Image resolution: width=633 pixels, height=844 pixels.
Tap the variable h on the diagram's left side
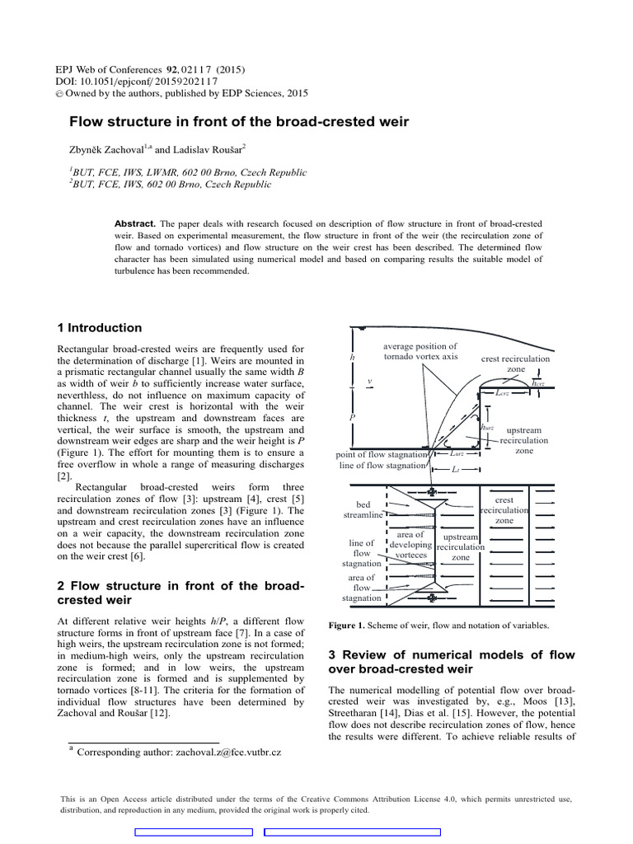coord(353,359)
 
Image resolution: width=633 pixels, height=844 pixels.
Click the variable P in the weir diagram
coord(353,418)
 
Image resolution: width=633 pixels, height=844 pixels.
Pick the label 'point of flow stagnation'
coord(382,454)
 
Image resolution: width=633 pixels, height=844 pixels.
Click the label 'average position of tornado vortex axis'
coord(420,352)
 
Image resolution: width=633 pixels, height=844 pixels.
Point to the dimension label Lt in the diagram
coord(456,469)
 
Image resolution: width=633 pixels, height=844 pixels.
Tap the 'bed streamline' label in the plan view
coord(363,509)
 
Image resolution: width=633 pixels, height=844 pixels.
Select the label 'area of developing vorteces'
coord(410,545)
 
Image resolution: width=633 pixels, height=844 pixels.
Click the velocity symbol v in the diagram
coord(370,382)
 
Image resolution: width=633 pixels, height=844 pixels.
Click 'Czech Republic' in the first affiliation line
coord(270,173)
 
